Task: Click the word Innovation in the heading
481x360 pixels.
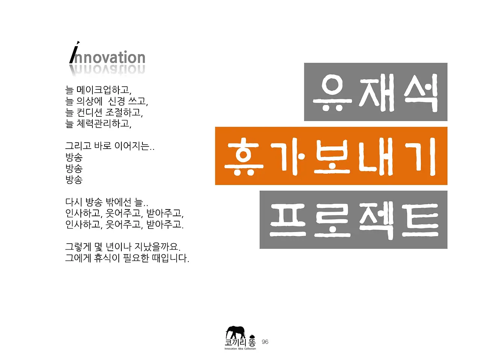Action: coord(108,57)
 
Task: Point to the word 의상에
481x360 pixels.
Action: coord(89,101)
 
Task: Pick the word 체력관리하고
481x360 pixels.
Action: coord(104,124)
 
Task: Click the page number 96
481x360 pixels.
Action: coord(265,342)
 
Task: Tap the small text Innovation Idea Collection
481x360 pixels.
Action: coord(240,349)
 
